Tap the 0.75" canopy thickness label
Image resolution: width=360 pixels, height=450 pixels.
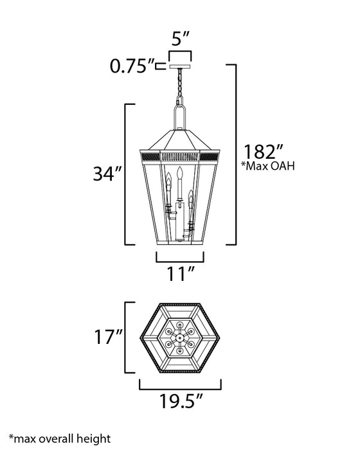pyautogui.click(x=132, y=66)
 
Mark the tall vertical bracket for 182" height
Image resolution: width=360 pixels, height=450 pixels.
pyautogui.click(x=235, y=154)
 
